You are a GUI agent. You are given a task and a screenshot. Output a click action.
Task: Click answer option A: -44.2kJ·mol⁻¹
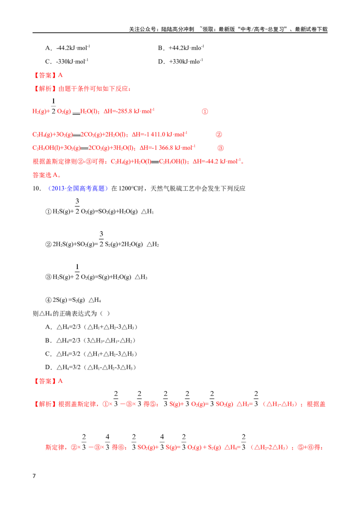tap(67, 48)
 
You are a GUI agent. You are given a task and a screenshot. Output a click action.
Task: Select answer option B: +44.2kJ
tap(181, 48)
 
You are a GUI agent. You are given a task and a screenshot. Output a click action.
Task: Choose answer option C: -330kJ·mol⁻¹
tap(67, 61)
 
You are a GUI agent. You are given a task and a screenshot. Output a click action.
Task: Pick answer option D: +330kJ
tap(180, 61)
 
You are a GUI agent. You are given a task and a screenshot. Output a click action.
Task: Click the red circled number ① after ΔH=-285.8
tap(205, 112)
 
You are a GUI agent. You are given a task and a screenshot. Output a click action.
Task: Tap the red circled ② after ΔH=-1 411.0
tap(219, 134)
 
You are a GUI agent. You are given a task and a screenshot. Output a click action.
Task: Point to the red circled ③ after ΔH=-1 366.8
tap(220, 148)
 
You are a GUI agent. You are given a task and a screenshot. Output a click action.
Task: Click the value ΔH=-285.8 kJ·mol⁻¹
tap(129, 111)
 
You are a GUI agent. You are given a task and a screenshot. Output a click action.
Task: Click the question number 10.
tap(37, 188)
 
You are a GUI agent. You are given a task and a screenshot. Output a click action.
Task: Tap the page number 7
tap(34, 476)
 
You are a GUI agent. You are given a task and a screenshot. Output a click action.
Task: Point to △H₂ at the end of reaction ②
tap(153, 245)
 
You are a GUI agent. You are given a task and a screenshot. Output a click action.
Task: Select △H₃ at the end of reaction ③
tap(141, 277)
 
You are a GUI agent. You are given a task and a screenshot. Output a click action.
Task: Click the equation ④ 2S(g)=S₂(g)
tap(65, 300)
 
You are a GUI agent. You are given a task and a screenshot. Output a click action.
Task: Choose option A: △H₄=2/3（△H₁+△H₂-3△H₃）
tap(91, 327)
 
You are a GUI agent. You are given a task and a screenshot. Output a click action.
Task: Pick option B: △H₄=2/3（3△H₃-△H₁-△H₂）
tap(90, 340)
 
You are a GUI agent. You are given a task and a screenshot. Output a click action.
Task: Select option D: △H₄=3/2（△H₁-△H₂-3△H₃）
tap(90, 367)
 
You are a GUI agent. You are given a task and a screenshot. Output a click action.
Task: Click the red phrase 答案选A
tap(46, 175)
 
